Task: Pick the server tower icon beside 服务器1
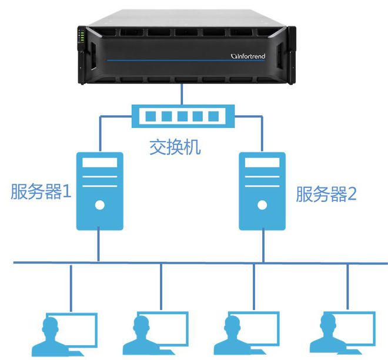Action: click(x=99, y=191)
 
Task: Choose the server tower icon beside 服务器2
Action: click(x=262, y=191)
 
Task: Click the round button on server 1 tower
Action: click(x=99, y=206)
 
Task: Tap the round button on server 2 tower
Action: click(x=262, y=206)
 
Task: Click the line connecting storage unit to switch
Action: click(x=181, y=94)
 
